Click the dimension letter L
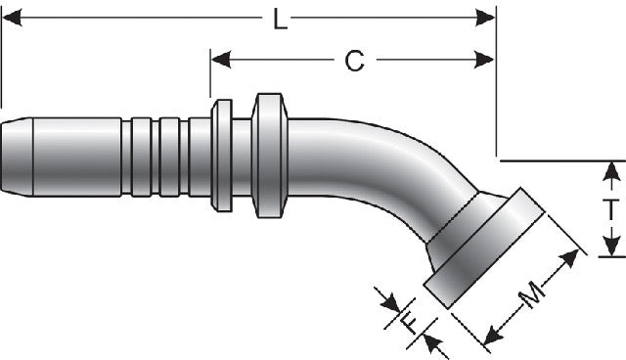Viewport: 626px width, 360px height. [281, 19]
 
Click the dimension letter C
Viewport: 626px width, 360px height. [354, 61]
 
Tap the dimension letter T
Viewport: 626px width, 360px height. [610, 209]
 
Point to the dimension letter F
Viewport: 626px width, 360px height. [409, 323]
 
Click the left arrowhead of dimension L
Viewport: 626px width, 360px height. [12, 18]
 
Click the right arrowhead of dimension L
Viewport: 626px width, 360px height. [485, 18]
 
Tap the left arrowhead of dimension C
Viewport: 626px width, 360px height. [221, 60]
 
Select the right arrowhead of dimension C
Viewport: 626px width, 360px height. [484, 60]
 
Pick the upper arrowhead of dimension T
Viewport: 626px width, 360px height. [610, 171]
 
